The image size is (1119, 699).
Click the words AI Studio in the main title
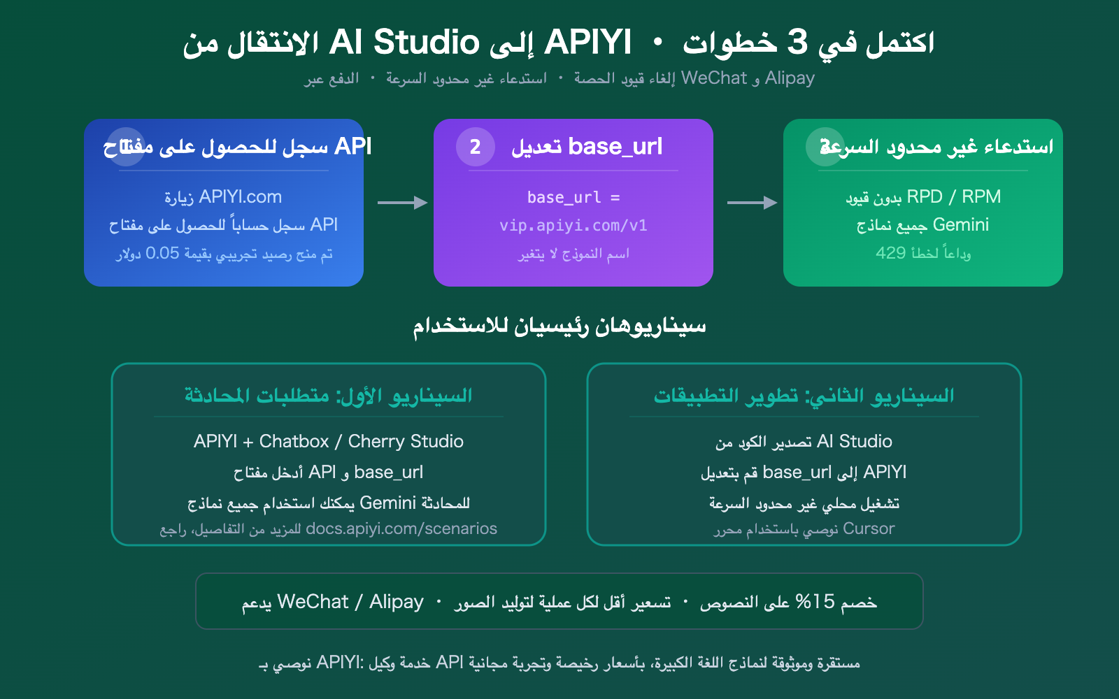point(404,43)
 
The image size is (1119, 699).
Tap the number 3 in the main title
point(797,43)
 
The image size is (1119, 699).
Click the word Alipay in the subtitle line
point(790,78)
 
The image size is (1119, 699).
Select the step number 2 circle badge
point(475,147)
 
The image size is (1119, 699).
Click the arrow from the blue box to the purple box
point(402,203)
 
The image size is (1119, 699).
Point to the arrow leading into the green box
point(752,203)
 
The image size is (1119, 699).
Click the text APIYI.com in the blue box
point(240,197)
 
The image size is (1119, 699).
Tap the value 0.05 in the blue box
point(162,253)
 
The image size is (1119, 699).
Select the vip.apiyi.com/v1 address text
point(573,226)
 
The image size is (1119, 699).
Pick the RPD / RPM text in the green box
point(954,197)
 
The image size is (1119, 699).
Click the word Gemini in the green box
point(961,225)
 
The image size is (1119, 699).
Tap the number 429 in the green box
point(890,253)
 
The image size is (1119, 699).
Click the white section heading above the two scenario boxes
point(559,326)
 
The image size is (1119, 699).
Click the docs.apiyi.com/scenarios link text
point(401,529)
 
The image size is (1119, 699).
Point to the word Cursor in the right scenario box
point(869,529)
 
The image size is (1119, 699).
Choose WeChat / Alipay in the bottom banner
point(350,602)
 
